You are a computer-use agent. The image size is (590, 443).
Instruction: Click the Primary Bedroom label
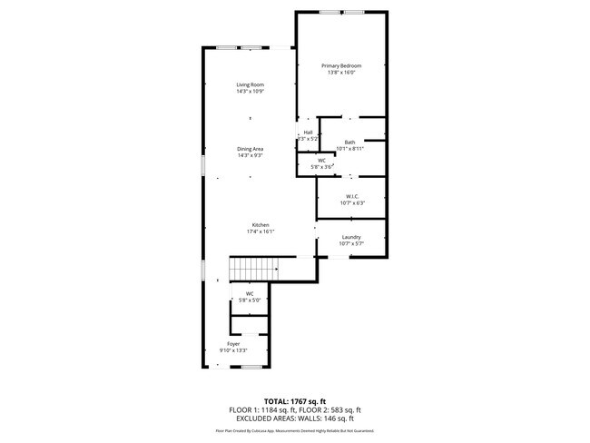341,66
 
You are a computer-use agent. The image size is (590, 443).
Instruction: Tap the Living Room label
251,84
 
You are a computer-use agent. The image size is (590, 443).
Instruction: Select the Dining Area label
251,148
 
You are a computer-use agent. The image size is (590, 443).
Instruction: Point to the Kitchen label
261,225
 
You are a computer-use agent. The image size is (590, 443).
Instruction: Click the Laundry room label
350,237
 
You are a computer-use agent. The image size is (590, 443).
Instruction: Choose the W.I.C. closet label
350,196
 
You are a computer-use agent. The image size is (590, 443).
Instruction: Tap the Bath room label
349,142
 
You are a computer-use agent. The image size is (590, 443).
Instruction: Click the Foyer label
233,344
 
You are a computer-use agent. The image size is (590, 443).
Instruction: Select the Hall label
308,133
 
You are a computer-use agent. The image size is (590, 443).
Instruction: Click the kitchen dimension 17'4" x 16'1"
261,231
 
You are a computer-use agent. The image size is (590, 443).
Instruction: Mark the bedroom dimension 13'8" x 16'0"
341,73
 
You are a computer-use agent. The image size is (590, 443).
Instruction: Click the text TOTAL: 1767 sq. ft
295,400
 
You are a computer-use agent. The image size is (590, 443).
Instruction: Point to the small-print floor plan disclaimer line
294,430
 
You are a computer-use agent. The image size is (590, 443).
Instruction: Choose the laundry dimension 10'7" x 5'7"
350,243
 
